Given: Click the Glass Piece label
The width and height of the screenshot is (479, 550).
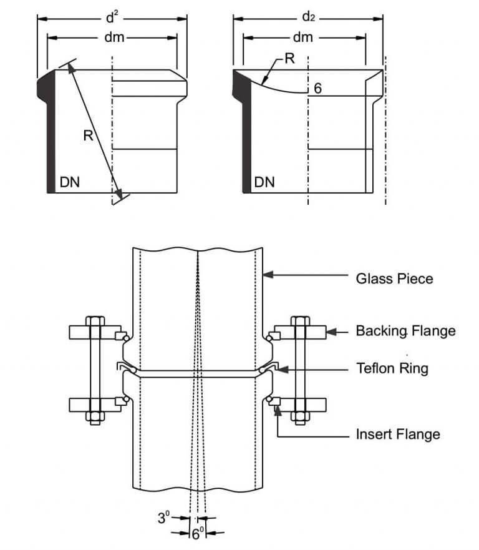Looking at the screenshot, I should coord(394,278).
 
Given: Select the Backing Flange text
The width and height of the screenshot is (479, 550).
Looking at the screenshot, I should coord(405,330).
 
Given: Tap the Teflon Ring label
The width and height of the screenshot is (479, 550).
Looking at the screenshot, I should coord(392,368).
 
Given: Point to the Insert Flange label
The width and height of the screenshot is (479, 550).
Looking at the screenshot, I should coord(398,433).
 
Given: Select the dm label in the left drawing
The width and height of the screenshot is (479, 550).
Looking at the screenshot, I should coord(114,38).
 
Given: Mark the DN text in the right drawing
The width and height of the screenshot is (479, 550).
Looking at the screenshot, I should coord(264,182).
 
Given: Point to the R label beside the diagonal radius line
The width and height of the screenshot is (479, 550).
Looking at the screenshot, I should coord(88,135).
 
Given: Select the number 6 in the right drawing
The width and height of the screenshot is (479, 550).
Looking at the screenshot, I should coord(317,89).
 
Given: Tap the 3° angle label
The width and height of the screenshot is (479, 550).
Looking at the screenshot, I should coord(164,517).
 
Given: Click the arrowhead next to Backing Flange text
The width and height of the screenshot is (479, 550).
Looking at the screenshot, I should coord(332,331).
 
